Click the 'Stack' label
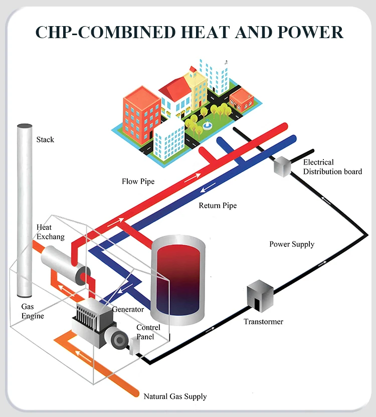tap(45, 140)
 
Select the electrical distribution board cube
tap(282, 167)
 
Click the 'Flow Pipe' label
tap(138, 181)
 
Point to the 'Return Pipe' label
tap(218, 206)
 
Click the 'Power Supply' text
tap(292, 244)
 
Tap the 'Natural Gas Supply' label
tap(175, 396)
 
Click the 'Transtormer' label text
tap(263, 322)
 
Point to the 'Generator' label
tap(128, 310)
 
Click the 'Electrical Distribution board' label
tap(332, 167)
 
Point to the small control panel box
tap(134, 346)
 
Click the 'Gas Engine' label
tap(32, 311)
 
